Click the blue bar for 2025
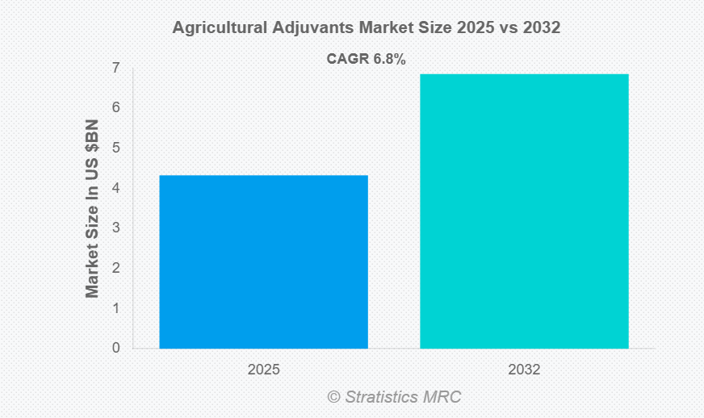263,261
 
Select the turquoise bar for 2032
524,211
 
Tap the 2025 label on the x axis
263,370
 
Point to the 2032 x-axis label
524,370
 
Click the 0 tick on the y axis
116,349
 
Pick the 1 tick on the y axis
116,308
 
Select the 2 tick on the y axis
116,268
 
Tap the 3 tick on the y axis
116,228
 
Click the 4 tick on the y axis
116,188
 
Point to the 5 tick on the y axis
116,148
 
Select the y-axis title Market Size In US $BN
92,208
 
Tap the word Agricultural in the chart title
216,27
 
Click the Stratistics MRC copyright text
394,396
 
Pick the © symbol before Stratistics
333,396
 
